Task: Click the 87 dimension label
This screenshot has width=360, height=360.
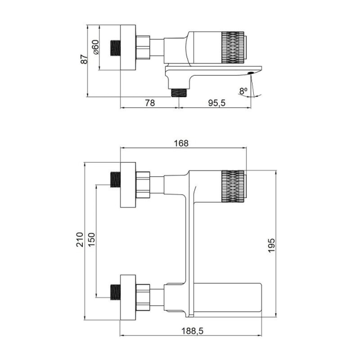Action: point(84,59)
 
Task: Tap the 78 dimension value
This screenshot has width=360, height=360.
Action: point(150,103)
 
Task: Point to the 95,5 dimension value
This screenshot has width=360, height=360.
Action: point(217,103)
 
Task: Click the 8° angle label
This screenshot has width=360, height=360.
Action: point(243,91)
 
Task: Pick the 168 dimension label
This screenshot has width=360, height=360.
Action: point(181,143)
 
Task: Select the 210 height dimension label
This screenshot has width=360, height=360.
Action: point(80,239)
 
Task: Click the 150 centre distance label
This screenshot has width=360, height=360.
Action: point(91,239)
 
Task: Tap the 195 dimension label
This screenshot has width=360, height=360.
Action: point(271,245)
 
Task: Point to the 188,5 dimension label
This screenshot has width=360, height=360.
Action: point(193,331)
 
